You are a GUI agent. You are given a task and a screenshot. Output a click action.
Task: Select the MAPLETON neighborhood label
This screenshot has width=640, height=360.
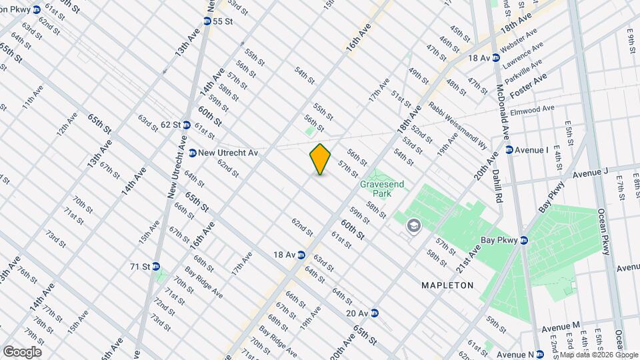(x=447, y=285)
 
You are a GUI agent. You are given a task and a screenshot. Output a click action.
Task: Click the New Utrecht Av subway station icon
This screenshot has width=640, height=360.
(x=193, y=153)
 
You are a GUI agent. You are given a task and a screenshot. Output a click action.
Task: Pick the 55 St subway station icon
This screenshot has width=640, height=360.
(x=206, y=21)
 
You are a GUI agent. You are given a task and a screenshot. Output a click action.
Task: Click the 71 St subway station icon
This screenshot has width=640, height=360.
(x=156, y=266)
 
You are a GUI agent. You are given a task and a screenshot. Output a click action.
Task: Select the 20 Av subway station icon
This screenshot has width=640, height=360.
(x=375, y=313)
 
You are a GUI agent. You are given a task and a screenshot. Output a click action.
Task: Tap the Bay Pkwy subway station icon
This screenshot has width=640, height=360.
(x=524, y=240)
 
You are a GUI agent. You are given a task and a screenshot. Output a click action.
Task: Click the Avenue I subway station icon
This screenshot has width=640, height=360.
(x=509, y=150)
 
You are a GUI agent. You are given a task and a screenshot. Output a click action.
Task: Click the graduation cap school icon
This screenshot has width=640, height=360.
(x=413, y=226)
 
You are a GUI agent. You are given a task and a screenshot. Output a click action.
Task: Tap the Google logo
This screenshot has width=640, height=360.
(x=22, y=352)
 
